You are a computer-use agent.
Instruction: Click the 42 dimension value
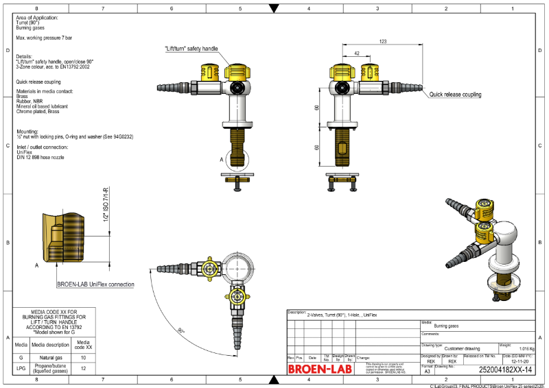click(x=357, y=53)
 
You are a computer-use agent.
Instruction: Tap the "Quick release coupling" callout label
click(x=455, y=95)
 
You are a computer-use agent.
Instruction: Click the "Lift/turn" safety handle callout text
click(x=191, y=49)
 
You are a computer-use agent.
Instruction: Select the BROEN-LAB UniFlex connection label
click(x=96, y=284)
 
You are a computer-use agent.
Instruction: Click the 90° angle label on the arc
click(x=180, y=331)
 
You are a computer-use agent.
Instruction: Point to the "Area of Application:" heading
click(x=37, y=16)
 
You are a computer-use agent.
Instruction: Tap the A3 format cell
click(x=428, y=370)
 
